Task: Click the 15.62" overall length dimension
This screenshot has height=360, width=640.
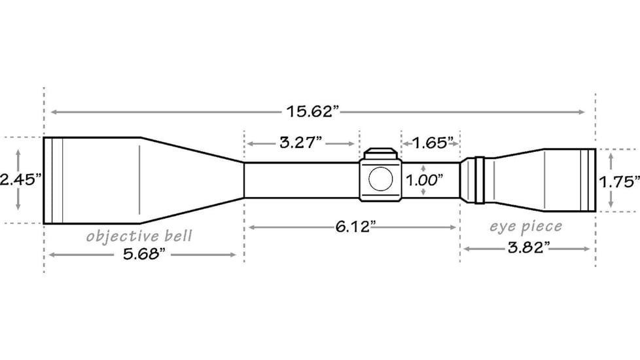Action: click(313, 111)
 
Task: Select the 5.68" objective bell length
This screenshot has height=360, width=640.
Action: click(142, 255)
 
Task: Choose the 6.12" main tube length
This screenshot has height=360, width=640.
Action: click(355, 226)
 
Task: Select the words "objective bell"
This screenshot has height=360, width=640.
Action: click(139, 236)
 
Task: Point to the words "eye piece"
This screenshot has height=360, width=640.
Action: click(526, 226)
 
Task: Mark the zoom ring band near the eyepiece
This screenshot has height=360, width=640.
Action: click(478, 180)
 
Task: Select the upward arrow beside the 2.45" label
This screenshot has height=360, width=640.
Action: click(18, 152)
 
